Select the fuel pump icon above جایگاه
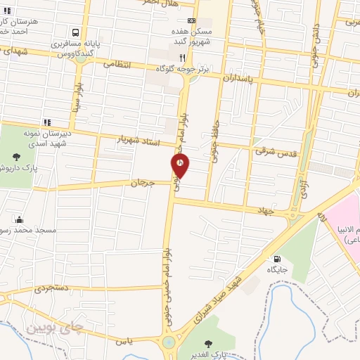276,258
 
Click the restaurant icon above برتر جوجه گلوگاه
182,57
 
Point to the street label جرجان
141,183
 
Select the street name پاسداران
235,79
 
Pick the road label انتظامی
118,63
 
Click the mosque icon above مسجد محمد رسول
19,219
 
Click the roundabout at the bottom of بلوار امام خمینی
169,343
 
